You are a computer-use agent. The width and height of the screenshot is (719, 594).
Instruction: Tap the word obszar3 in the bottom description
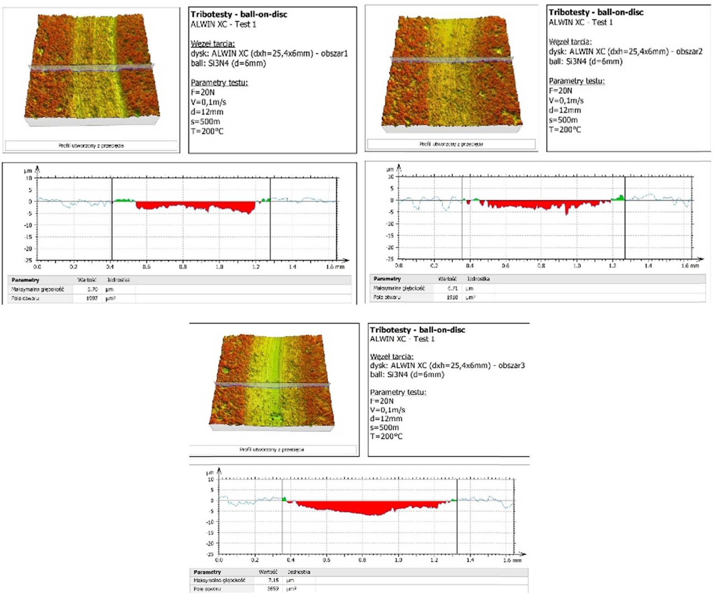click(x=511, y=365)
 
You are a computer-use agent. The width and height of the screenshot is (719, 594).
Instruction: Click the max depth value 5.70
click(x=92, y=289)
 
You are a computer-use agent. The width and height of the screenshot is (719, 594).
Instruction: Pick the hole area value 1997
click(x=92, y=298)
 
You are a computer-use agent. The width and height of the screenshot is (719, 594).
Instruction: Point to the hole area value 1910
click(x=452, y=297)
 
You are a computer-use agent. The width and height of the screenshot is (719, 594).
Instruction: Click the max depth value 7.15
click(x=273, y=580)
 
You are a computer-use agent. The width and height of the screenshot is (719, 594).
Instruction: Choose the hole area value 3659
click(x=273, y=589)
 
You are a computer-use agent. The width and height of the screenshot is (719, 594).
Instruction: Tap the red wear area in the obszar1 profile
click(x=193, y=205)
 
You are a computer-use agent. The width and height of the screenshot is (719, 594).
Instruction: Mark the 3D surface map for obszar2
click(x=452, y=72)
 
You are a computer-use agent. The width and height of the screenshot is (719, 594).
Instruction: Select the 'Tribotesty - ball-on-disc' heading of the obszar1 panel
click(x=239, y=14)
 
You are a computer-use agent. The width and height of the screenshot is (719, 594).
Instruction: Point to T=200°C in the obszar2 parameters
click(x=565, y=130)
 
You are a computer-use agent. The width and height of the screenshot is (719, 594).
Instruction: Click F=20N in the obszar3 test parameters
click(x=381, y=401)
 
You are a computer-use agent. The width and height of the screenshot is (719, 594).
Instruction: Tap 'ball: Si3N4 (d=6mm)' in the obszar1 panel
click(x=228, y=63)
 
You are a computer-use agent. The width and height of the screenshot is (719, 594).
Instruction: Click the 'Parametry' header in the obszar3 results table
click(x=207, y=572)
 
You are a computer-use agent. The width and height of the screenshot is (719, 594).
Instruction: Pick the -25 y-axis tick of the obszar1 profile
click(x=28, y=260)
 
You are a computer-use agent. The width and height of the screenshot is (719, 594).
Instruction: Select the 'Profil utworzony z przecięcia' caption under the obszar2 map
click(x=451, y=144)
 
